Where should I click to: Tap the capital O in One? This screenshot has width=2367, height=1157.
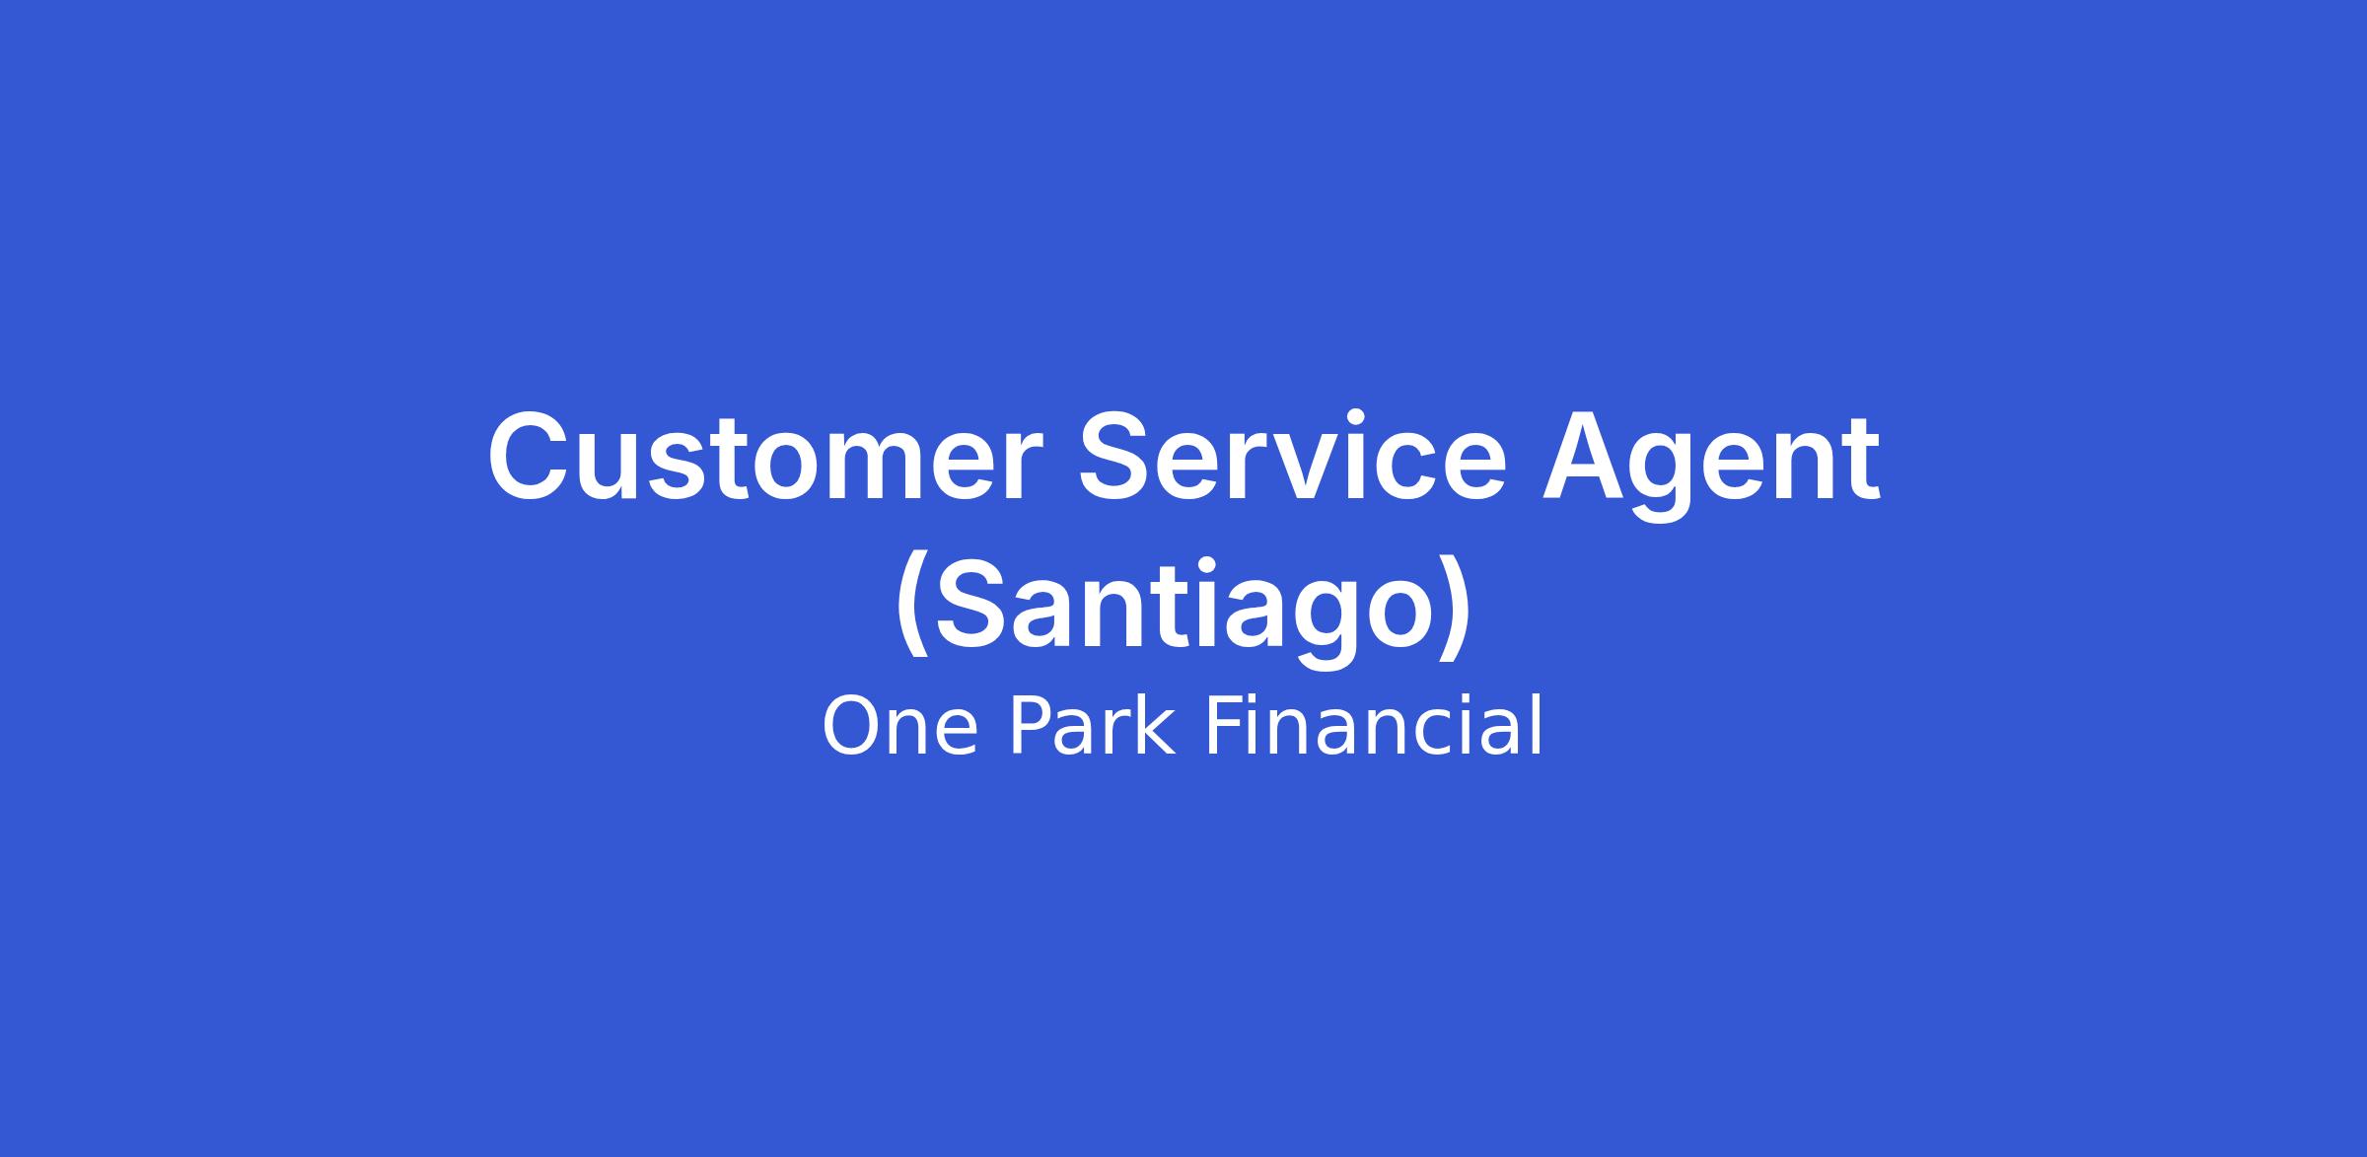852,727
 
